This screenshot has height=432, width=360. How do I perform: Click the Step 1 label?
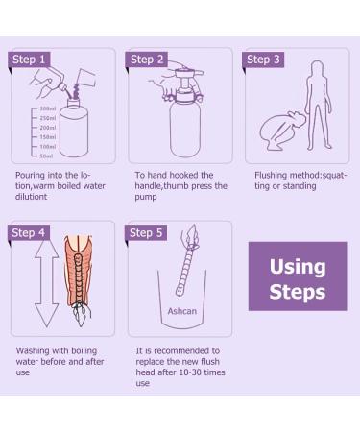click(x=29, y=60)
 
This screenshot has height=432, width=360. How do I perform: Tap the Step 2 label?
click(x=148, y=60)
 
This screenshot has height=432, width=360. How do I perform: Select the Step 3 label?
click(x=264, y=60)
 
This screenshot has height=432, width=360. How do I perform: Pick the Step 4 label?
click(x=29, y=233)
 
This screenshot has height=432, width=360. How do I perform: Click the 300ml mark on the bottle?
click(x=46, y=109)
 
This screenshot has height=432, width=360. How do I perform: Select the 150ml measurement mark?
click(x=46, y=136)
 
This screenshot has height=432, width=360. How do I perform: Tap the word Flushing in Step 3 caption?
click(x=274, y=176)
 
